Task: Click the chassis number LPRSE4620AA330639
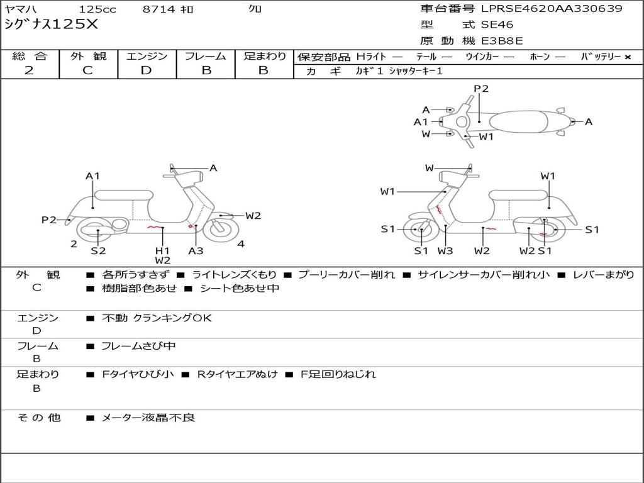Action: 552,9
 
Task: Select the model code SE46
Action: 497,25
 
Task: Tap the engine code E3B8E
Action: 502,42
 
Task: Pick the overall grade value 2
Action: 29,70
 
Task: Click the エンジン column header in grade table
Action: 147,57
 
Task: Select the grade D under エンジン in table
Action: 147,70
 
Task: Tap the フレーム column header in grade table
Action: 206,57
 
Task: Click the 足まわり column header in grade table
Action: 264,57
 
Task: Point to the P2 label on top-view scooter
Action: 481,89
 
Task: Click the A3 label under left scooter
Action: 196,250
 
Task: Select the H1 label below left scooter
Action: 162,250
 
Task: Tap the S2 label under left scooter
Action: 98,250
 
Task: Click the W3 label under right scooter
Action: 445,251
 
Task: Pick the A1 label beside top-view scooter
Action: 421,122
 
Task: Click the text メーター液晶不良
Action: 148,417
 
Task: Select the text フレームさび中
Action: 139,346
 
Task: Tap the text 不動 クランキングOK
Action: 157,318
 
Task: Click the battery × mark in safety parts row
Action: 627,57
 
